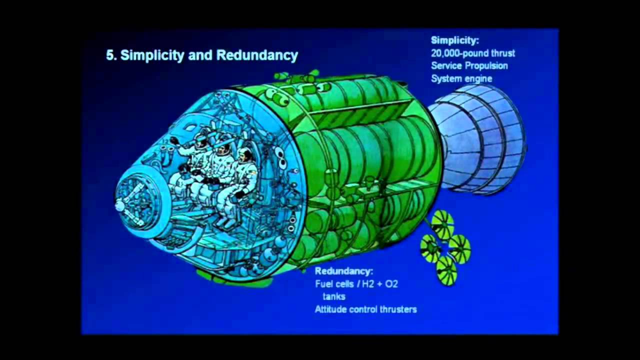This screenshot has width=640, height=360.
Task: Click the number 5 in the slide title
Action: (110, 55)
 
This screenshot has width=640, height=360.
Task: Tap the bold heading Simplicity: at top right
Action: (454, 40)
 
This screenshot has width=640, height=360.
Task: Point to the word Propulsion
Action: (486, 65)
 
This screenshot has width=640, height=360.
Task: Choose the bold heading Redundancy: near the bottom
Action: (343, 271)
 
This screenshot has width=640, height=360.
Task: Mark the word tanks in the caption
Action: (333, 296)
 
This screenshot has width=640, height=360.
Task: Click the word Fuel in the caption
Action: (324, 284)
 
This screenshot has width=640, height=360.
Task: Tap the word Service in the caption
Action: (446, 65)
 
